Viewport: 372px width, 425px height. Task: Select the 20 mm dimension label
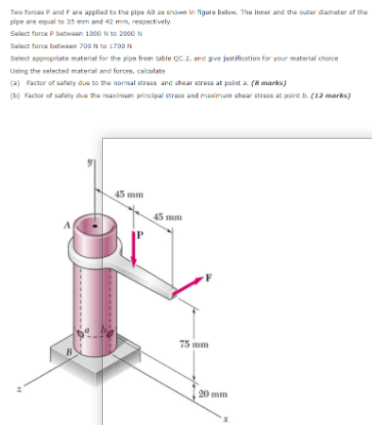click(x=213, y=392)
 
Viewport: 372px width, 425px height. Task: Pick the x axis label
click(x=228, y=416)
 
